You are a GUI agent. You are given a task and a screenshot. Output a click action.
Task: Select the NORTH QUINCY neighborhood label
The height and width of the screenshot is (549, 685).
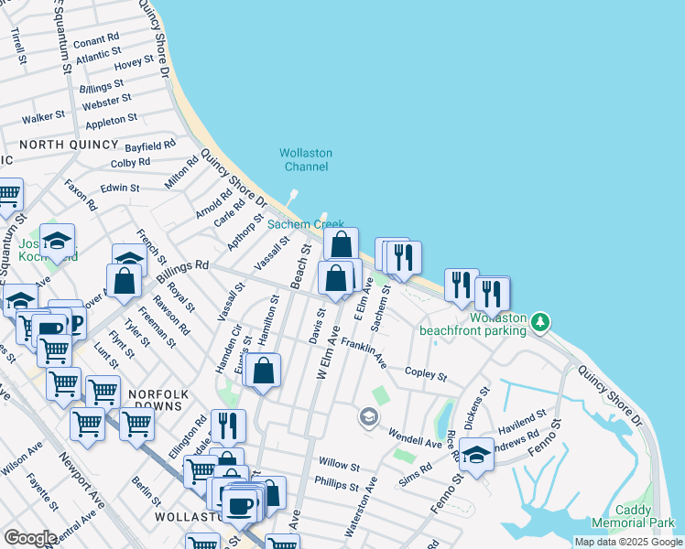click(69, 145)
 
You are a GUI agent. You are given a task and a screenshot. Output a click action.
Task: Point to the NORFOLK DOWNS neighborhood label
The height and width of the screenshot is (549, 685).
click(158, 394)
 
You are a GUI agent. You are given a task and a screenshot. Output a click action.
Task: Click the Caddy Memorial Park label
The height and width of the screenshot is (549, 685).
click(645, 516)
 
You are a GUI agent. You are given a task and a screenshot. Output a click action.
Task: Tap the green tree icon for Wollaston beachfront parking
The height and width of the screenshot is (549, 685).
click(541, 321)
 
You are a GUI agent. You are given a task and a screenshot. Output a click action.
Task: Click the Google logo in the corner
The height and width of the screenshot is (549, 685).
click(30, 538)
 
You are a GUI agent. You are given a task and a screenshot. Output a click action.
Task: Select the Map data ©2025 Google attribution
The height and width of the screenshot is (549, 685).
click(627, 542)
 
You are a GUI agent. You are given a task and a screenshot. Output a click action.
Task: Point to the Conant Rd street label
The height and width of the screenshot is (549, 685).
click(96, 41)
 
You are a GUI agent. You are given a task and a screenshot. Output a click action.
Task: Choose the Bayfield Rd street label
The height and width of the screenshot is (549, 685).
click(150, 145)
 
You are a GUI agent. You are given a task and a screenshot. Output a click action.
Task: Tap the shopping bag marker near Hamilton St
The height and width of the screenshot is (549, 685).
click(264, 371)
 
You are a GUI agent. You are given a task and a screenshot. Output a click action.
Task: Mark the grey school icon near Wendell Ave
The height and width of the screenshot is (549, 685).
click(368, 418)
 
